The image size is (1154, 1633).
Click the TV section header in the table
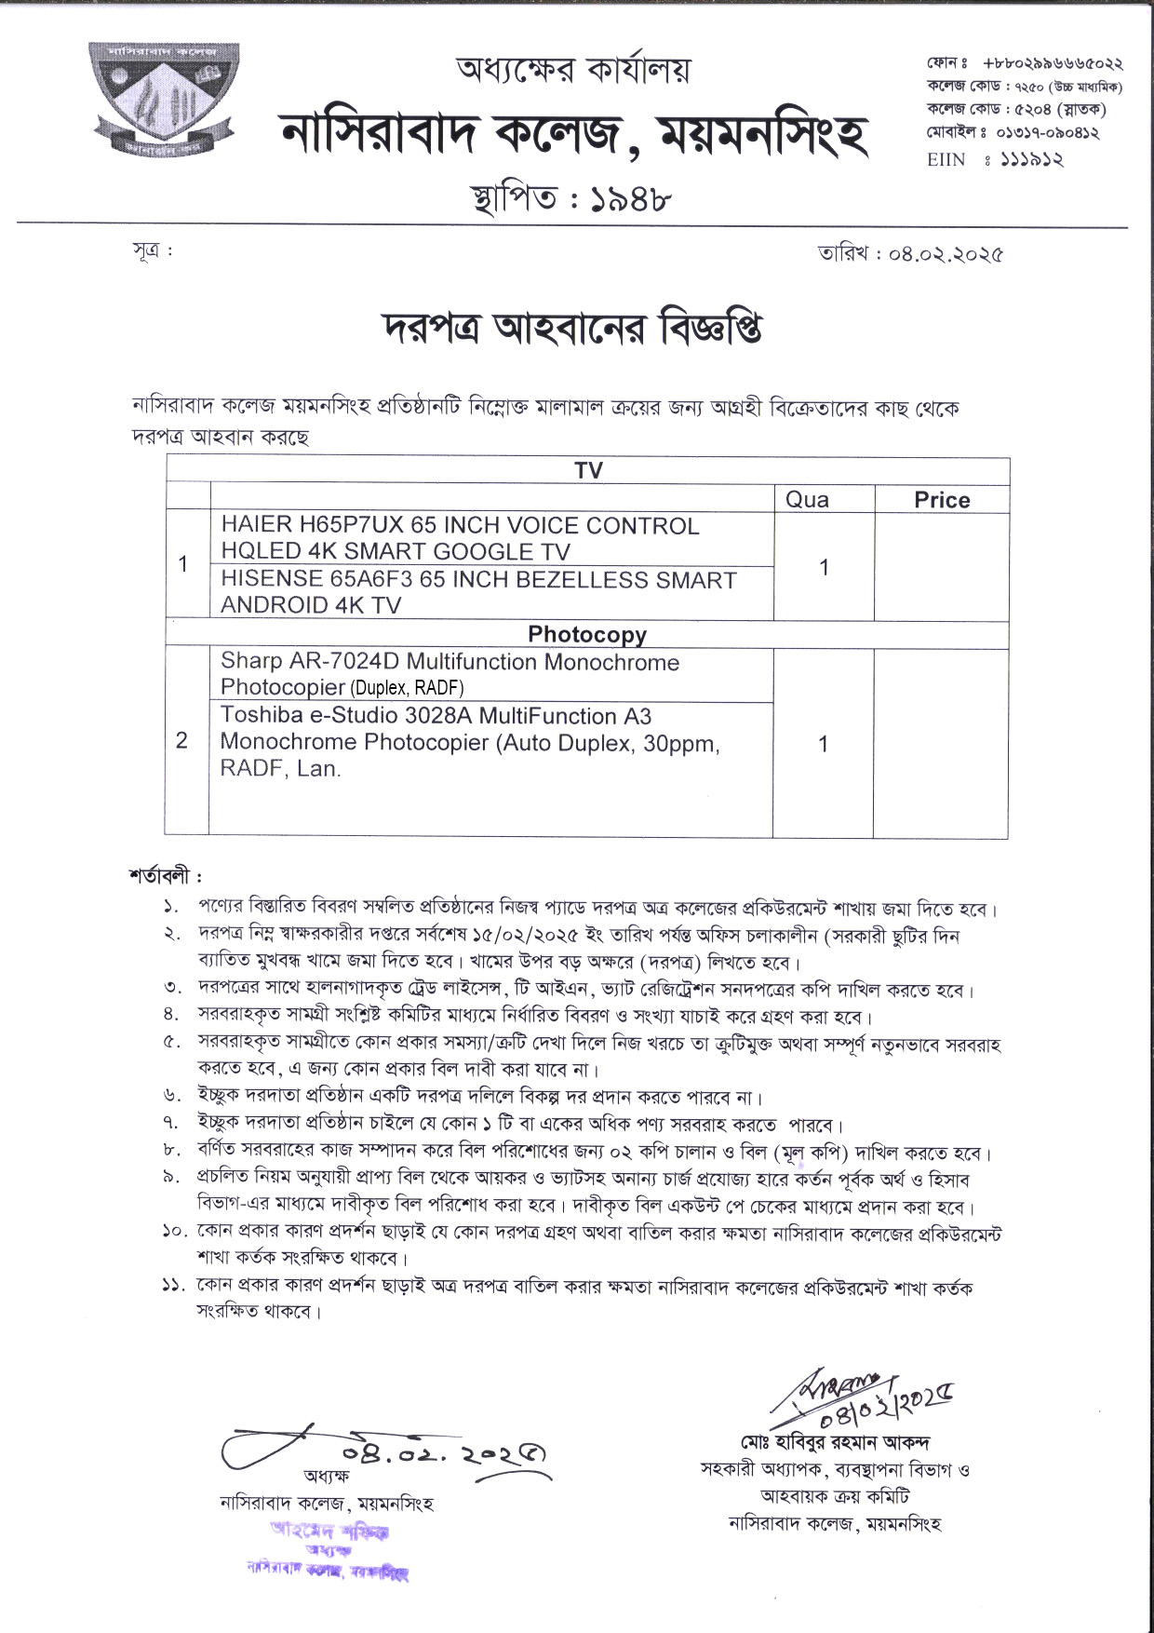pyautogui.click(x=588, y=470)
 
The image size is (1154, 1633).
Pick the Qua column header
pyautogui.click(x=808, y=500)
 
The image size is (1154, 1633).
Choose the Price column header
pyautogui.click(x=942, y=500)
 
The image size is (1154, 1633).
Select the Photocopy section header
pyautogui.click(x=586, y=635)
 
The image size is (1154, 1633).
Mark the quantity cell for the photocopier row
pyautogui.click(x=823, y=744)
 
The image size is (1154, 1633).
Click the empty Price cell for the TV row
pyautogui.click(x=942, y=566)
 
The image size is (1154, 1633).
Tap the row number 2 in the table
pyautogui.click(x=181, y=740)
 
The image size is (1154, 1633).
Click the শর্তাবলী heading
pyautogui.click(x=166, y=876)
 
